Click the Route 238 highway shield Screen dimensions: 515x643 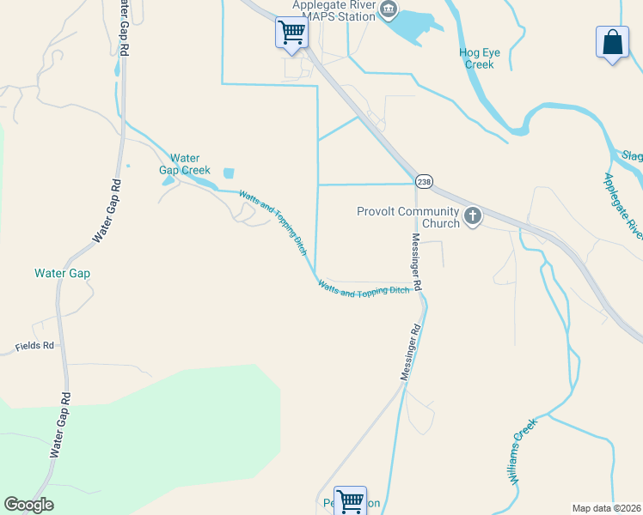pyautogui.click(x=424, y=182)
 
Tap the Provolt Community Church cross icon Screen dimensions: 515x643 pyautogui.click(x=472, y=217)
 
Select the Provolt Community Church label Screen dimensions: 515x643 pyautogui.click(x=408, y=218)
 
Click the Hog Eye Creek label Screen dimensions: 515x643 pyautogui.click(x=478, y=58)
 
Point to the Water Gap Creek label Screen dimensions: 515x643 pyautogui.click(x=185, y=164)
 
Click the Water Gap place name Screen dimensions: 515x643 pyautogui.click(x=62, y=274)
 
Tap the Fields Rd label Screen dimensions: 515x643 pyautogui.click(x=34, y=347)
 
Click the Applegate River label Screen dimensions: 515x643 pyautogui.click(x=622, y=205)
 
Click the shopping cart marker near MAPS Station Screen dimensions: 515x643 pyautogui.click(x=291, y=33)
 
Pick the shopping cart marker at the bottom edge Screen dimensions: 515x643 pyautogui.click(x=350, y=500)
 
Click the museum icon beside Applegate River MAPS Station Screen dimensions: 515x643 pyautogui.click(x=389, y=10)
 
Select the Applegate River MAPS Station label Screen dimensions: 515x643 pyautogui.click(x=334, y=10)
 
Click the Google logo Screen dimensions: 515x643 pyautogui.click(x=29, y=505)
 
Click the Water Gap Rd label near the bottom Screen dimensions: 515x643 pyautogui.click(x=60, y=426)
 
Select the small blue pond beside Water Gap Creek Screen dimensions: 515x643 pyautogui.click(x=229, y=173)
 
